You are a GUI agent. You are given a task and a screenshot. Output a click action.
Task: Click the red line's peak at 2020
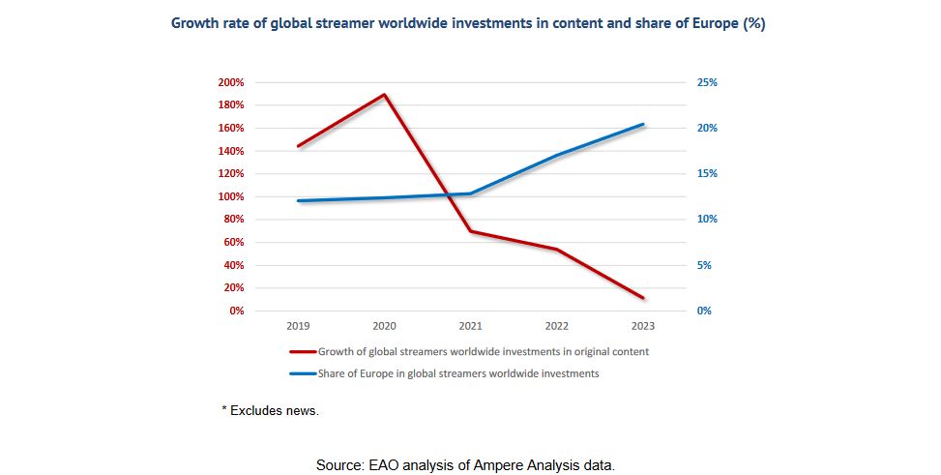pos(385,95)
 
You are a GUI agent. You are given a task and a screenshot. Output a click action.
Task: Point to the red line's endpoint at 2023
pos(643,298)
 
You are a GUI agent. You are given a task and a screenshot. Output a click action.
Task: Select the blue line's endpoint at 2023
pos(643,124)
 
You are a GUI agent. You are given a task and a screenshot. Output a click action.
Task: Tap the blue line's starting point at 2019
pos(299,200)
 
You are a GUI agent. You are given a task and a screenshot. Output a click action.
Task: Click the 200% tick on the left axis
pos(231,82)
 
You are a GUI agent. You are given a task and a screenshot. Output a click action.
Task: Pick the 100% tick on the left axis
pos(231,196)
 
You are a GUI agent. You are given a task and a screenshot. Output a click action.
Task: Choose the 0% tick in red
pos(236,311)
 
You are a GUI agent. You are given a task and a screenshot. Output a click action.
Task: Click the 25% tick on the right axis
pos(707,82)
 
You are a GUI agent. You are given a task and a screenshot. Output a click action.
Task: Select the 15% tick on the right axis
pos(707,174)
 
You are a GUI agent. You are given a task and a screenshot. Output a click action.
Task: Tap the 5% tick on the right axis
pos(704,265)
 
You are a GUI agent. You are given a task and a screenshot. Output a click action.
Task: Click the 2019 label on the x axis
pos(299,327)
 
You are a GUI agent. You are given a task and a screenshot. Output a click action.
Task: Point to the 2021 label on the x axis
pos(471,327)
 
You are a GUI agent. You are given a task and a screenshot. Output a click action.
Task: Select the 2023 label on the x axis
pos(643,327)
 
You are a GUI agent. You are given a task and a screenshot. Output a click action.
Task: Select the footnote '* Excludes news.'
pos(271,411)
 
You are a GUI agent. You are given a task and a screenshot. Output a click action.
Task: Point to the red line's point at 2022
pos(557,250)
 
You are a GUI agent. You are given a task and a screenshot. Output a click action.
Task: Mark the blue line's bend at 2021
pos(471,193)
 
